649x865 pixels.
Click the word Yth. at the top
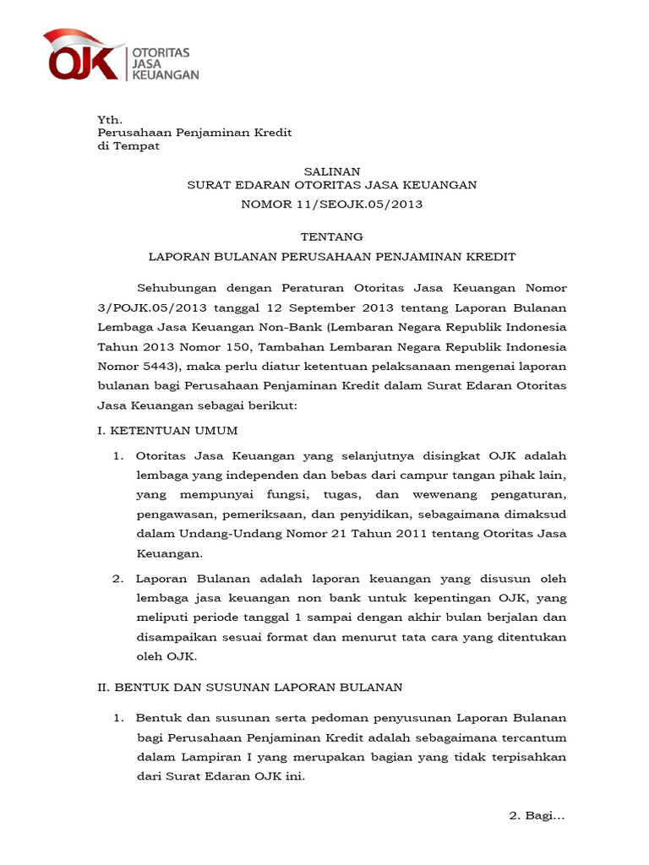108,120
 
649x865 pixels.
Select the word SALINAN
332,171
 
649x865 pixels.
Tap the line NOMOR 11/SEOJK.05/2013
332,204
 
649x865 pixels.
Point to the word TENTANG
332,237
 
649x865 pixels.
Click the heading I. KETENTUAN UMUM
167,431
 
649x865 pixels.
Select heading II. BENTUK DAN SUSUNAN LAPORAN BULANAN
250,688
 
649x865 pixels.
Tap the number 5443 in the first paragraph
158,367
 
